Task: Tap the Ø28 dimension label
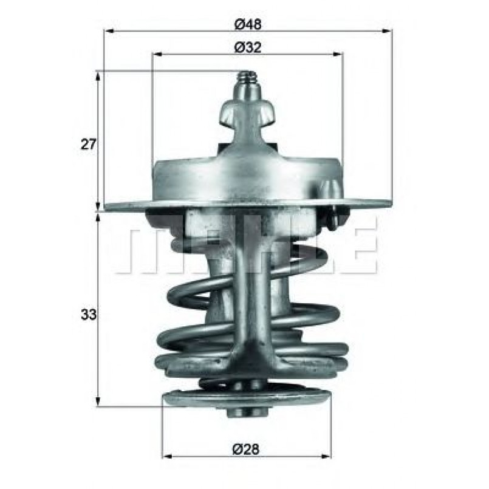(247, 449)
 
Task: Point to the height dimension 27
(89, 145)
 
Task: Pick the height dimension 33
(89, 315)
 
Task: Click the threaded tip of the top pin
(246, 78)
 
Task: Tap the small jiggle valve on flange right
(331, 213)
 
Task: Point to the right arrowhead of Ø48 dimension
(387, 30)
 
